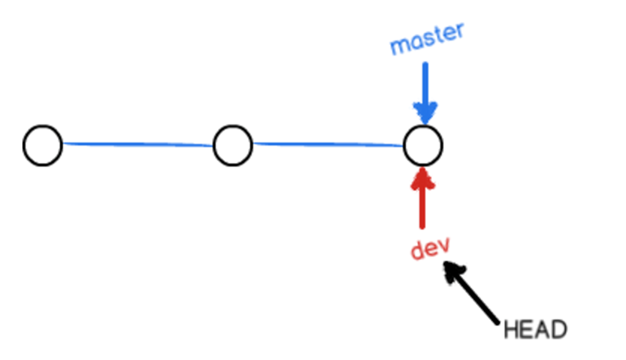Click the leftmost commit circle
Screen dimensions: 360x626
pyautogui.click(x=42, y=146)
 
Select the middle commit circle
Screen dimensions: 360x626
pyautogui.click(x=232, y=146)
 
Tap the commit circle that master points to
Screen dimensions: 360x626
pyautogui.click(x=422, y=146)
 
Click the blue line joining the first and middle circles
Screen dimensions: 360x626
pyautogui.click(x=138, y=144)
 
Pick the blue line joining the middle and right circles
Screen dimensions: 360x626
pyautogui.click(x=328, y=144)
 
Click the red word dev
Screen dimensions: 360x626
pyautogui.click(x=429, y=248)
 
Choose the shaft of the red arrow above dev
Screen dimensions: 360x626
pyautogui.click(x=422, y=207)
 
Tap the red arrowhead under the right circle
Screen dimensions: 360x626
pyautogui.click(x=422, y=178)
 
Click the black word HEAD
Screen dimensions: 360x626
pyautogui.click(x=534, y=329)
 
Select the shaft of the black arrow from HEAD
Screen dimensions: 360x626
pyautogui.click(x=478, y=299)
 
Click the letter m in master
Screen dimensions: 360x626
pyautogui.click(x=399, y=47)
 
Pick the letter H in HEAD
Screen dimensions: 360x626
pyautogui.click(x=511, y=329)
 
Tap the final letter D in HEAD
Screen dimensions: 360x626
pyautogui.click(x=558, y=329)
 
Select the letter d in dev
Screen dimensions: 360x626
pyautogui.click(x=416, y=250)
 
